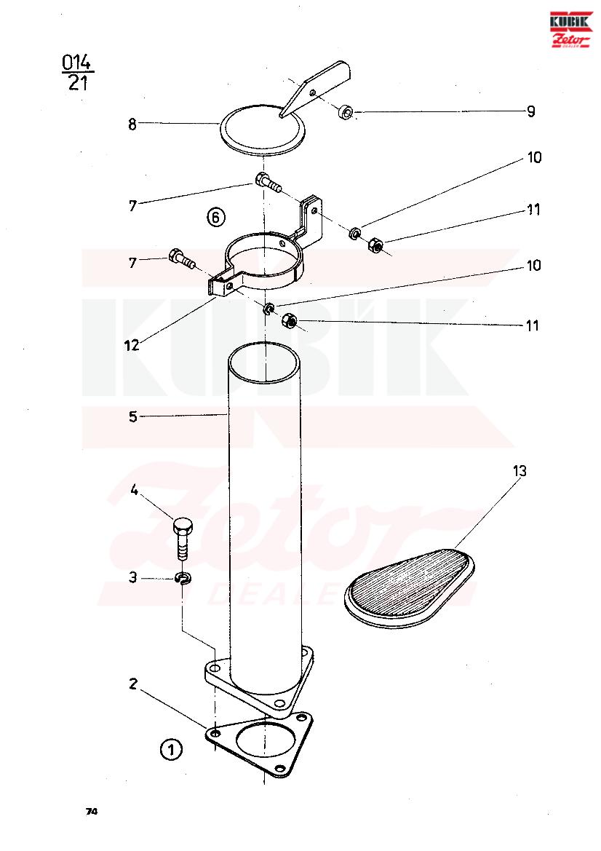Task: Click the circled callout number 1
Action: tap(172, 750)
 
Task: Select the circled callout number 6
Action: tap(215, 217)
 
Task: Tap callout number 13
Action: tap(519, 471)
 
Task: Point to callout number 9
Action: tap(531, 111)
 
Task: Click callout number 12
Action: tap(132, 344)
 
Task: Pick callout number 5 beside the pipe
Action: tap(133, 417)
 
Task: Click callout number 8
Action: tap(132, 124)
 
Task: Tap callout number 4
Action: tap(134, 491)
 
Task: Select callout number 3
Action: tap(133, 577)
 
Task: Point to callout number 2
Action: tap(133, 684)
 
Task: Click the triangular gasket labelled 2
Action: tap(259, 745)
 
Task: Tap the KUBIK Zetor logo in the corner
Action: tap(570, 29)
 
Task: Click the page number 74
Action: tap(91, 812)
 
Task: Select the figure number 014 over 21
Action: tap(77, 72)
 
